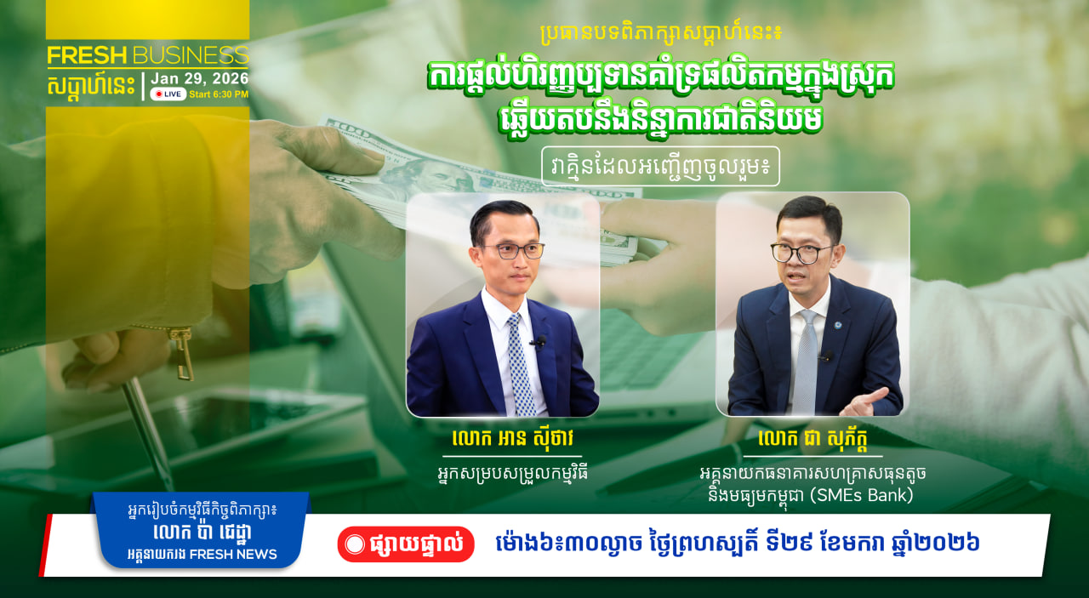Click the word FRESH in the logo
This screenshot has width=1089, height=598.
pyautogui.click(x=87, y=55)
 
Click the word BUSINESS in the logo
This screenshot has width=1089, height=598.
pyautogui.click(x=191, y=55)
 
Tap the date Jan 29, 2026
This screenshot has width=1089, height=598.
pyautogui.click(x=199, y=78)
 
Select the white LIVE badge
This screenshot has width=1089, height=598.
pyautogui.click(x=168, y=94)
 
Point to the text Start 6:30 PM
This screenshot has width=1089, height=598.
pyautogui.click(x=219, y=94)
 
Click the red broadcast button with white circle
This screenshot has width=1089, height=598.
pyautogui.click(x=406, y=544)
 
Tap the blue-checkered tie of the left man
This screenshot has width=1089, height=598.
pyautogui.click(x=519, y=365)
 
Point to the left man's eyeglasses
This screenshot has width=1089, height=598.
pyautogui.click(x=513, y=251)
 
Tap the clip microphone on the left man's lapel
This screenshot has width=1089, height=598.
pyautogui.click(x=539, y=342)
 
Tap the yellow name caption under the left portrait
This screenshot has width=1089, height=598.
pyautogui.click(x=512, y=439)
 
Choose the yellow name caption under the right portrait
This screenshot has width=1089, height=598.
pyautogui.click(x=812, y=439)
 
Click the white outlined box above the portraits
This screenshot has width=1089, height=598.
pyautogui.click(x=661, y=166)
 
